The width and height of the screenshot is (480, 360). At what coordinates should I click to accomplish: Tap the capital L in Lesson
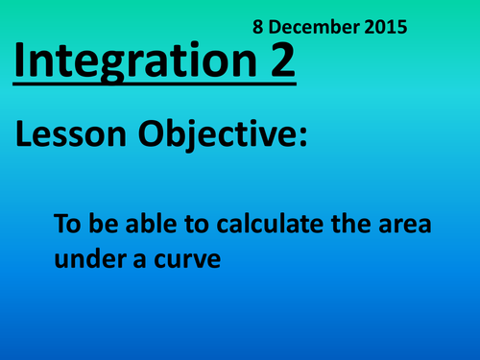coord(25,136)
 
